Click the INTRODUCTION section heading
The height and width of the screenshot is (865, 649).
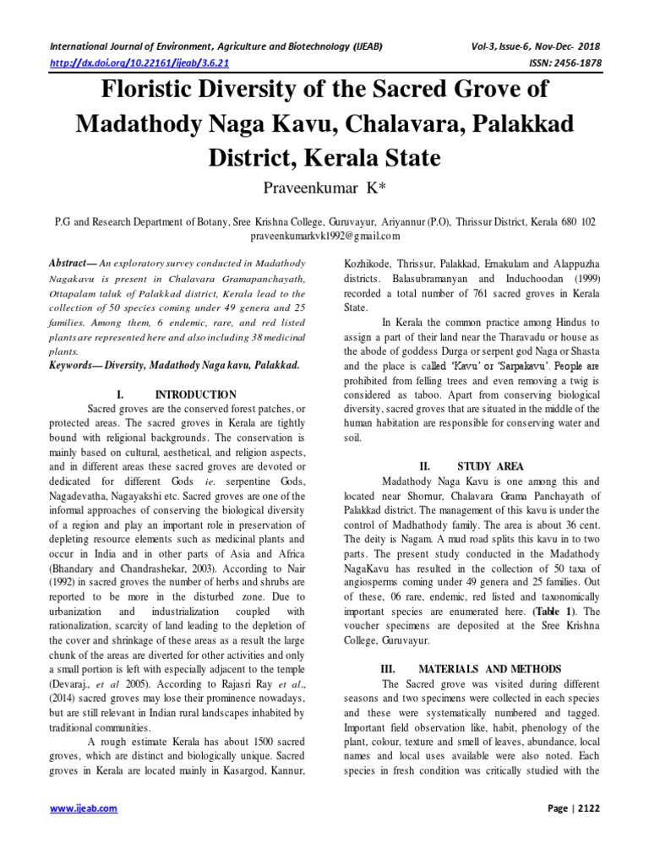pos(199,394)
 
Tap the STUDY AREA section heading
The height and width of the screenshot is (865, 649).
pos(490,465)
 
